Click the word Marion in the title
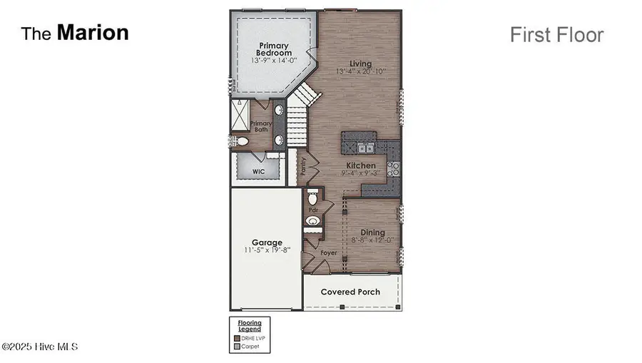93,32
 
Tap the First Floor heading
556,34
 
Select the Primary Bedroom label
275,49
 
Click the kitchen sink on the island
365,148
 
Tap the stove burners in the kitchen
393,168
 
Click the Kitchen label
361,165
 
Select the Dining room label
372,232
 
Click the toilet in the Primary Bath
242,141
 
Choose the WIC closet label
258,172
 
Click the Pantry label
303,166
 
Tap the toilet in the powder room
312,198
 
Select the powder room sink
312,223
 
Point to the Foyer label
327,252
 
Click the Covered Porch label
350,292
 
